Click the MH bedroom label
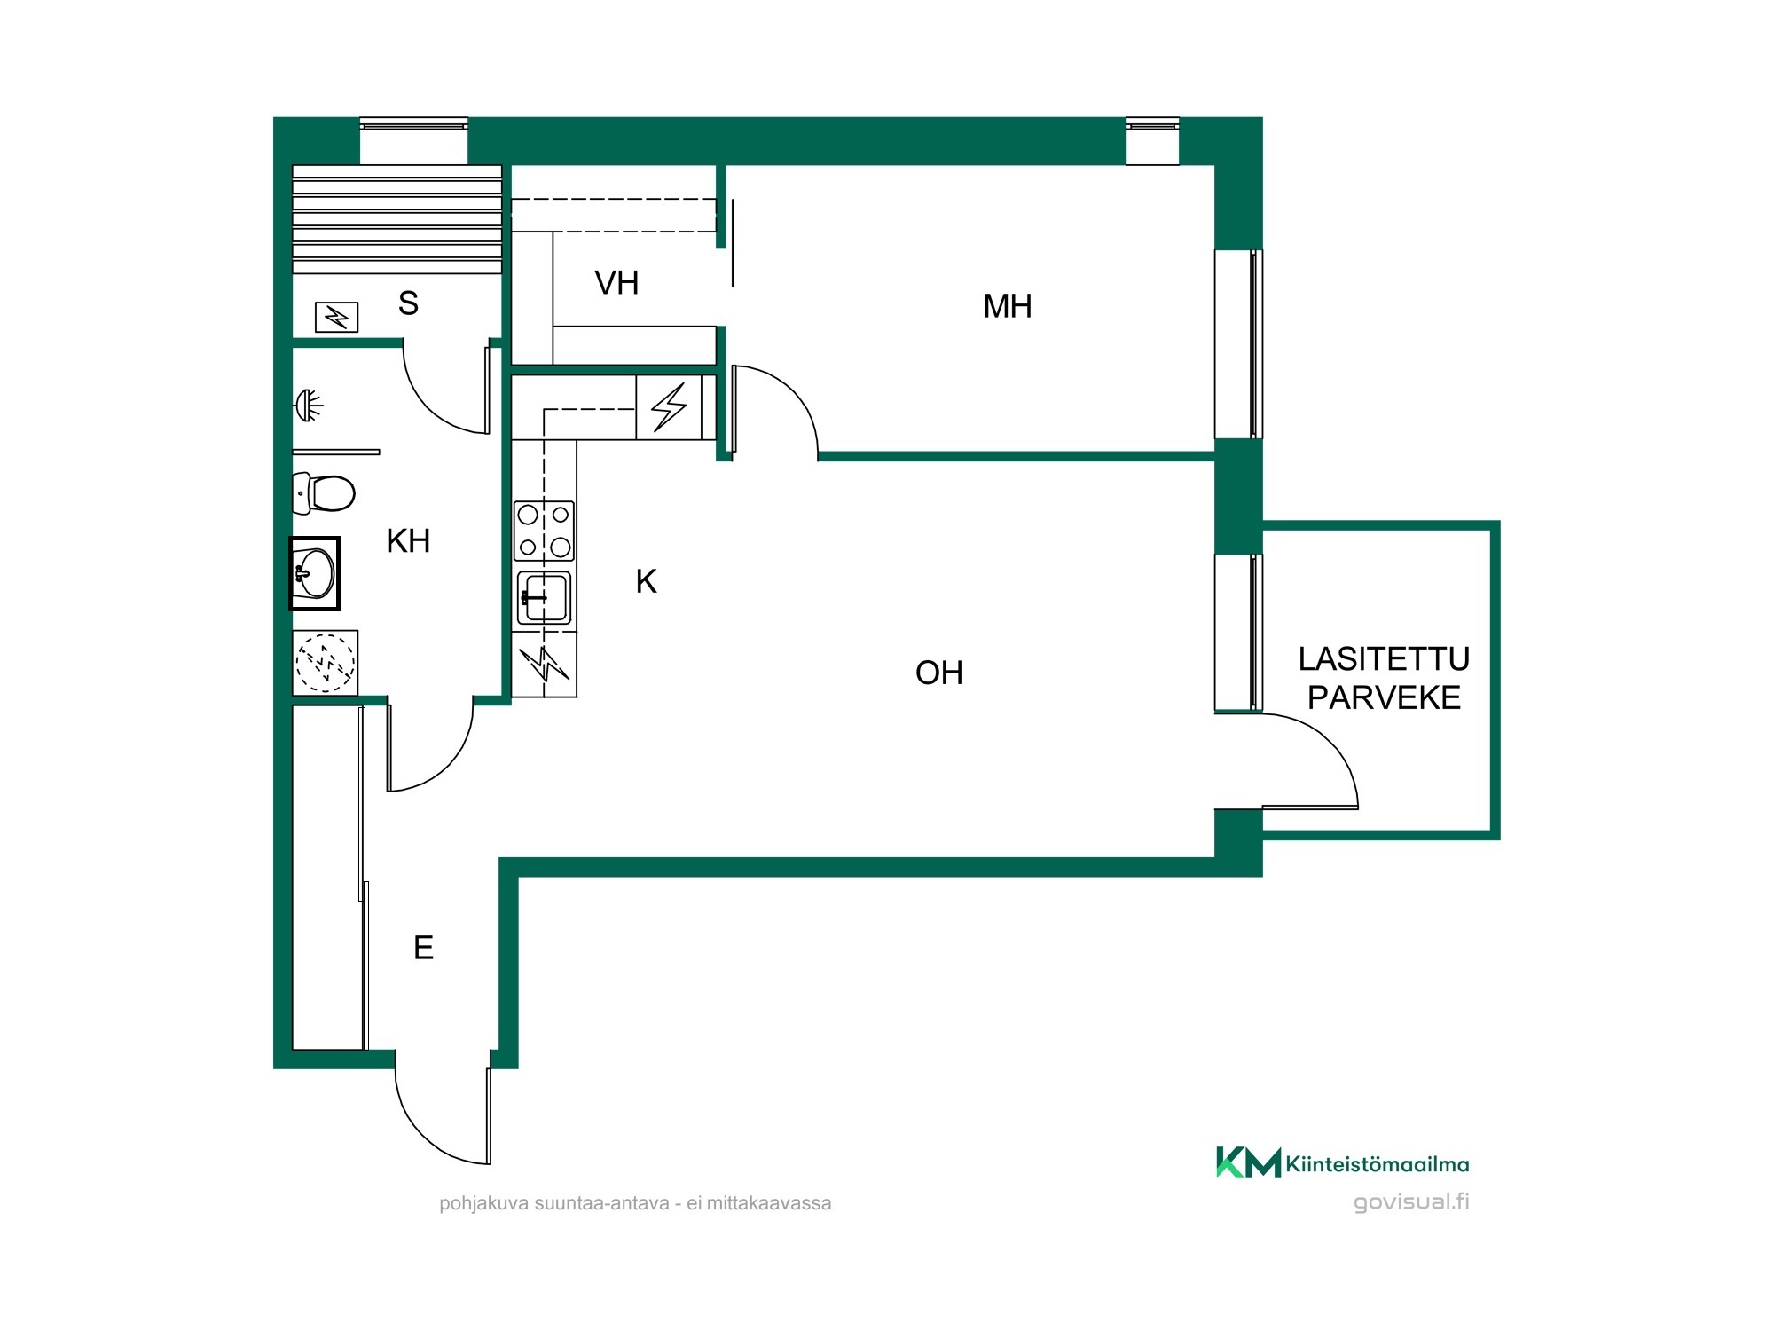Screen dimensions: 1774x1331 coord(1007,306)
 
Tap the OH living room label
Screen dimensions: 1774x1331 coord(938,673)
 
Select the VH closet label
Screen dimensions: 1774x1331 coord(616,283)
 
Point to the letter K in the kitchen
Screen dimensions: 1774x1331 coord(646,581)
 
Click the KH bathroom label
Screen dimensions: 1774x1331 coord(408,540)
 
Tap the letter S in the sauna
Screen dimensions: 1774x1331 coord(408,303)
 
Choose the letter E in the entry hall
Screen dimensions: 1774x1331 coord(423,948)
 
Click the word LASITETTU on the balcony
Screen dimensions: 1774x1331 coord(1384,658)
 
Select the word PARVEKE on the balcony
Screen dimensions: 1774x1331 coord(1384,697)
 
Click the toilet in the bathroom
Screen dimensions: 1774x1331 coord(324,493)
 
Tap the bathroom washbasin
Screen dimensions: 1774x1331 coord(314,573)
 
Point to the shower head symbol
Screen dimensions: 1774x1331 coord(308,406)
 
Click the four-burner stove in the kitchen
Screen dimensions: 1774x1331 coord(544,531)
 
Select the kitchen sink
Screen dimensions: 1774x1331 coord(544,597)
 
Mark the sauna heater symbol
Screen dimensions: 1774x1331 coord(337,317)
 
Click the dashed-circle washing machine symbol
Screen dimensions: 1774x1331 coord(326,662)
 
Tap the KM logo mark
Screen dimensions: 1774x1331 coord(1248,1162)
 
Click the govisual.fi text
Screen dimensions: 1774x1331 coord(1411,1201)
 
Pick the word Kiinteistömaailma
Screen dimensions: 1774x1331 coord(1378,1164)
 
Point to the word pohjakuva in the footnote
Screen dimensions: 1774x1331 coord(484,1204)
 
